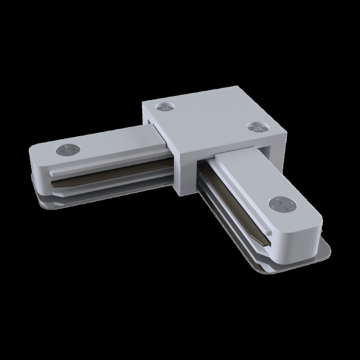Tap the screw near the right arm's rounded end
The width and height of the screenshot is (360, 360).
[x=280, y=204]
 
